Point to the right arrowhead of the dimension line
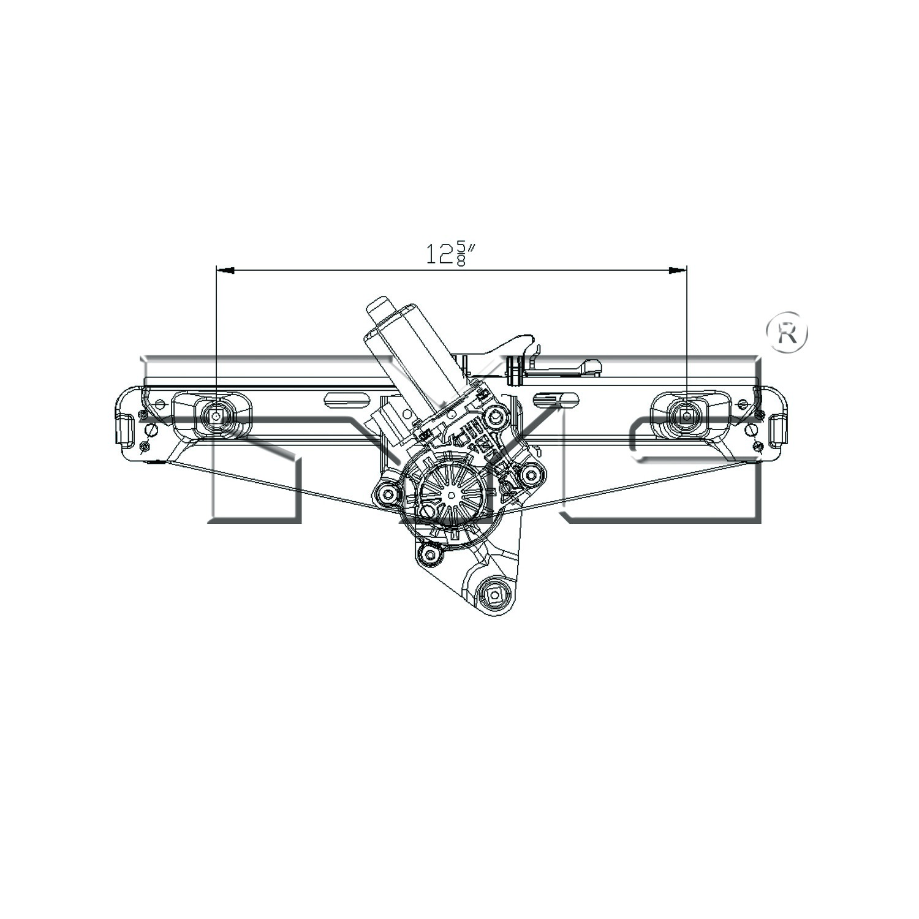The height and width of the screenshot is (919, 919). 678,270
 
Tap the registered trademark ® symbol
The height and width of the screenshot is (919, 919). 787,333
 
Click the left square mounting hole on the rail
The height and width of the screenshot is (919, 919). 216,416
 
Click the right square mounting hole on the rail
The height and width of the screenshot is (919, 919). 687,416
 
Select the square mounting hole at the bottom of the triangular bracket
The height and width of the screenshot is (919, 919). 494,594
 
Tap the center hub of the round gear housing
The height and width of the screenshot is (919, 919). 451,494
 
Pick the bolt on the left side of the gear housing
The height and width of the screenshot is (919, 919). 386,493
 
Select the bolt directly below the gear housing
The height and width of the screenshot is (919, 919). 429,555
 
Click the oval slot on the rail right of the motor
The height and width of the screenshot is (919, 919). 556,399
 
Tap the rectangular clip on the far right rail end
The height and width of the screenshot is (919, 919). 778,428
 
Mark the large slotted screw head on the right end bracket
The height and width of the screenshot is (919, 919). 750,431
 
